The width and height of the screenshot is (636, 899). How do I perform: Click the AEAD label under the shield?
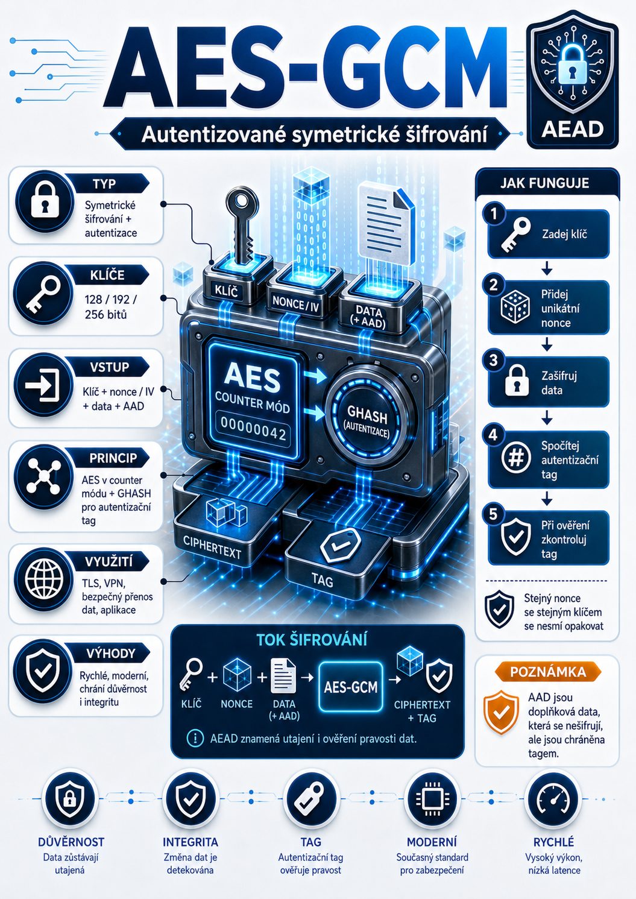[572, 129]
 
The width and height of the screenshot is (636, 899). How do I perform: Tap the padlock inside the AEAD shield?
[571, 63]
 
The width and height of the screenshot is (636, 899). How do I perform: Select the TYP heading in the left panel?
[104, 185]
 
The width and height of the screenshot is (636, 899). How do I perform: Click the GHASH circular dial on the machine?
[367, 420]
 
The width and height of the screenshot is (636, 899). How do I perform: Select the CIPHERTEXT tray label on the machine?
[212, 547]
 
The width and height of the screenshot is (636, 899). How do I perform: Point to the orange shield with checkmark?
[501, 712]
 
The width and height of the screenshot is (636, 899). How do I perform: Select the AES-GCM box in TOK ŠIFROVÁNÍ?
[351, 687]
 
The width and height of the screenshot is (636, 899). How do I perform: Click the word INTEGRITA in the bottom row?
[190, 842]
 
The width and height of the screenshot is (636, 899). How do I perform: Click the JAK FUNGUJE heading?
[544, 183]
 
